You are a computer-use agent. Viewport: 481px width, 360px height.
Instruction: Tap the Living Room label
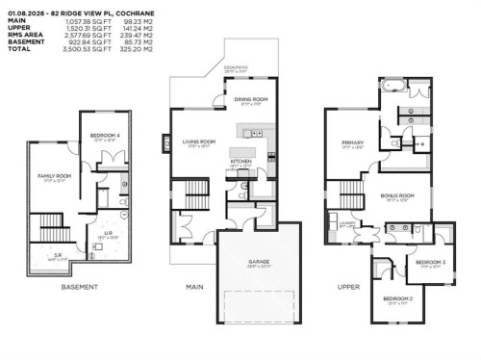point(199,141)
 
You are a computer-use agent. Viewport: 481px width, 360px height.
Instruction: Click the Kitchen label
point(240,162)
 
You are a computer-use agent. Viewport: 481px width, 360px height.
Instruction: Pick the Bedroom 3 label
point(430,262)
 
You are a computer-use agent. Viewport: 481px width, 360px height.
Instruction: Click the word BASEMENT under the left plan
point(80,287)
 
